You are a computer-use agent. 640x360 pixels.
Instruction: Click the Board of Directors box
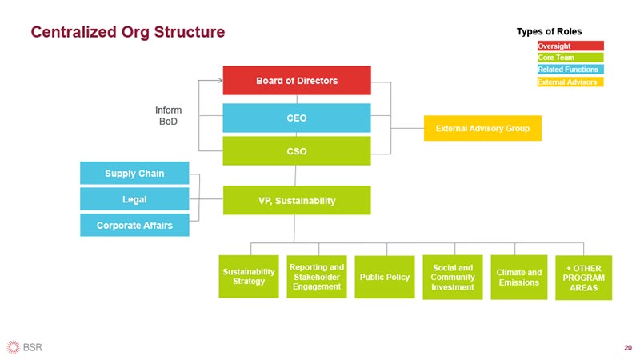[x=297, y=81]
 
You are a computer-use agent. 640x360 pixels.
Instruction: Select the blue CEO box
[x=297, y=118]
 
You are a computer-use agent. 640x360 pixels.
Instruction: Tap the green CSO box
[x=297, y=150]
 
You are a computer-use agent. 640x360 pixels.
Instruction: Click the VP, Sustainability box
[x=297, y=200]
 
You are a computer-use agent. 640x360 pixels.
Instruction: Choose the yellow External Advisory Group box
[x=482, y=128]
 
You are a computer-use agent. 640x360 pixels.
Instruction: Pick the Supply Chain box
[x=134, y=173]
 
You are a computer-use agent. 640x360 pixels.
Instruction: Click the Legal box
[x=134, y=198]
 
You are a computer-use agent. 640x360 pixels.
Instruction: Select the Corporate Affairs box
[x=134, y=225]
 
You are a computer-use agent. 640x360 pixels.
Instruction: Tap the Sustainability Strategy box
[x=249, y=277]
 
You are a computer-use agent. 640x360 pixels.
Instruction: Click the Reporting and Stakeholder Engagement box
[x=317, y=277]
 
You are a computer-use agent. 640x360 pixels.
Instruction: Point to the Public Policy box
[x=385, y=277]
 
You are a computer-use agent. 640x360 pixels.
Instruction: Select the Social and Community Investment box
[x=453, y=277]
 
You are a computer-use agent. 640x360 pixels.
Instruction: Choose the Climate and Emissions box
[x=518, y=277]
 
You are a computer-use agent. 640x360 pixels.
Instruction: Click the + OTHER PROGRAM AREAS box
[x=583, y=277]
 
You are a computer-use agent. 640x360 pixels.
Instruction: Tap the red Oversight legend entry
[x=570, y=46]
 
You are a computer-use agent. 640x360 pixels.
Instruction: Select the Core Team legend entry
[x=570, y=58]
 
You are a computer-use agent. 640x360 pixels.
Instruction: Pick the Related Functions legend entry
[x=570, y=70]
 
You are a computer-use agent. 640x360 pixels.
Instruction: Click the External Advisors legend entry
[x=570, y=82]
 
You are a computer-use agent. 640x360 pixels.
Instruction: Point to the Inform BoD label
[x=168, y=115]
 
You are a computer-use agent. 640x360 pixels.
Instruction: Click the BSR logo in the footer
[x=25, y=346]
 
